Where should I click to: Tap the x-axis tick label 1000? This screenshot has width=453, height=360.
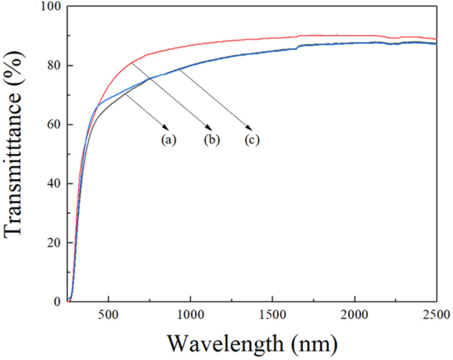[190, 315]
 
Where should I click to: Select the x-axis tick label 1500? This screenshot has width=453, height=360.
[272, 315]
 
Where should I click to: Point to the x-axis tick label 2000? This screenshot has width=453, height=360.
[355, 315]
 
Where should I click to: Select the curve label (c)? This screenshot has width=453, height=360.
[250, 140]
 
